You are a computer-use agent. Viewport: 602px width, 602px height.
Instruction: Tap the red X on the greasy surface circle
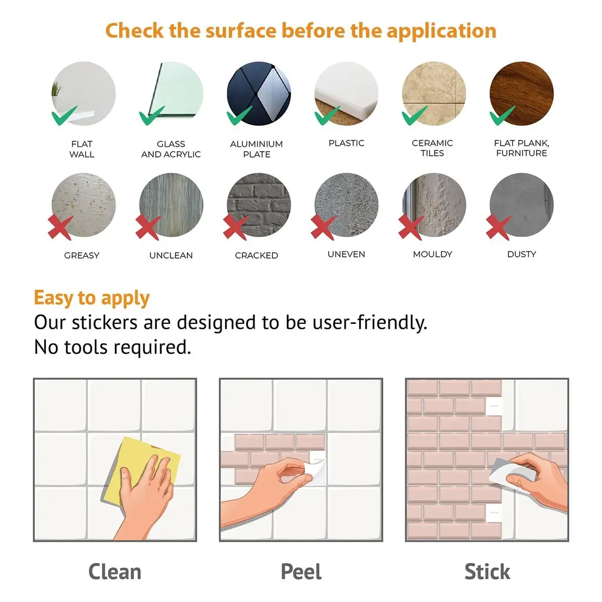(x=61, y=227)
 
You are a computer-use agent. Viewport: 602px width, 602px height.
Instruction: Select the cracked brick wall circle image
(x=259, y=205)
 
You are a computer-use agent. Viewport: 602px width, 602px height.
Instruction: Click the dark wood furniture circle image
(x=521, y=93)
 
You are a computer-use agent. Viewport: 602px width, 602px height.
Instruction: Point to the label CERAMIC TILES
(x=432, y=148)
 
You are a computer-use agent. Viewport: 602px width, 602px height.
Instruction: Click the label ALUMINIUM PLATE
(x=256, y=149)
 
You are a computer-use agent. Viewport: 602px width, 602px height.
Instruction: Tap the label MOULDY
(x=433, y=254)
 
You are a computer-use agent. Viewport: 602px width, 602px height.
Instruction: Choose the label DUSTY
(x=521, y=254)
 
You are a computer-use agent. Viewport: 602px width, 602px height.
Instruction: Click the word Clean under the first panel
(x=115, y=571)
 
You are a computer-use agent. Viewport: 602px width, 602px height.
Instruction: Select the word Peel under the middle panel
(x=301, y=571)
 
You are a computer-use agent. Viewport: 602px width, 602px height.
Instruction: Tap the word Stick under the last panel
(x=487, y=571)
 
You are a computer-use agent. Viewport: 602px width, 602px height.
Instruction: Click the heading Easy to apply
(x=92, y=298)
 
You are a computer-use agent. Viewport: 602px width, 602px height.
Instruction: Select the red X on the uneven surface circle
(x=323, y=227)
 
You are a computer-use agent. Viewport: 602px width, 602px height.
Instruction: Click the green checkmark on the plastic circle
(x=326, y=116)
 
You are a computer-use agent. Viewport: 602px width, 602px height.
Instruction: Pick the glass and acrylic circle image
(x=171, y=93)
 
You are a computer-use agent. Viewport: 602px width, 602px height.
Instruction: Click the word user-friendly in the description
(x=370, y=323)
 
